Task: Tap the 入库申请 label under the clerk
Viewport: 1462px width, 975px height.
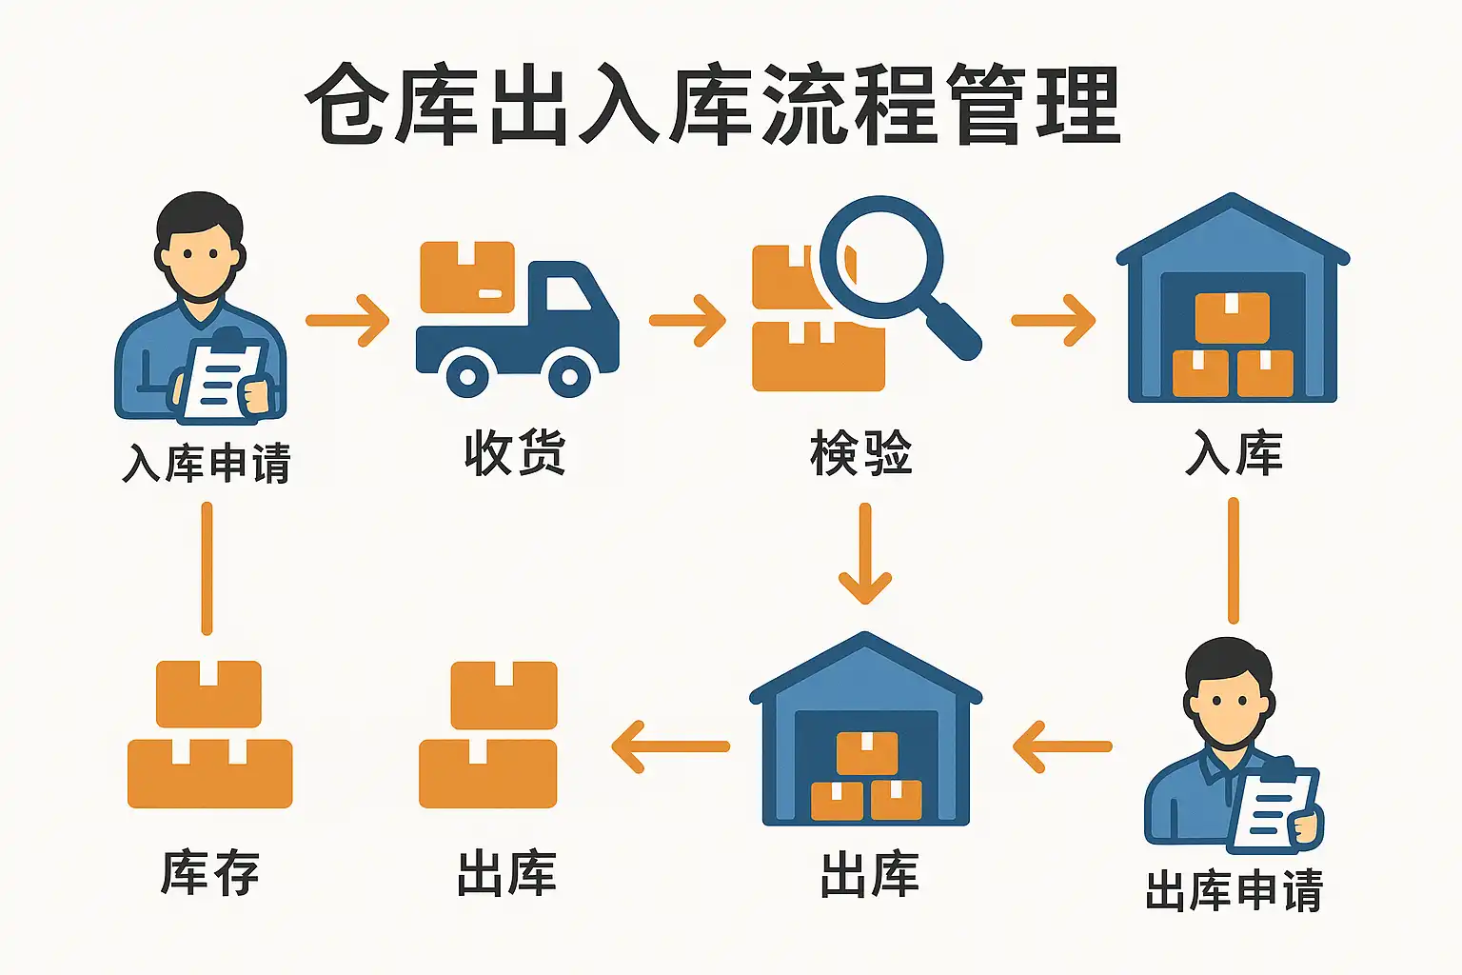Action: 207,464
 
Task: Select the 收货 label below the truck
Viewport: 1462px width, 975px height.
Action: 515,453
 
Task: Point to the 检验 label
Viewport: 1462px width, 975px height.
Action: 861,453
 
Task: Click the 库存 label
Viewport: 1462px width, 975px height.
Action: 210,873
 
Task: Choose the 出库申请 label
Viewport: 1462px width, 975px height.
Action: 1234,891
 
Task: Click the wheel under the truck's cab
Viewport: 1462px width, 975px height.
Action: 568,376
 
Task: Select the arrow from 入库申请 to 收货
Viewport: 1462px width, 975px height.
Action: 348,320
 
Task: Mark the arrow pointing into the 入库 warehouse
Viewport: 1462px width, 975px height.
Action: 1053,320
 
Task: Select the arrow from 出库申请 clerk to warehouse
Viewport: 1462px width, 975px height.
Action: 1061,746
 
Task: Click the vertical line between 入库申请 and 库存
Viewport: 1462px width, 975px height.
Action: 207,567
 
